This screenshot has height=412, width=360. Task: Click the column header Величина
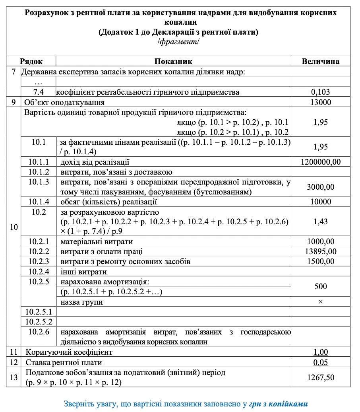320,61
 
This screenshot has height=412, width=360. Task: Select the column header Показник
173,61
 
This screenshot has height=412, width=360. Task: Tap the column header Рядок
31,61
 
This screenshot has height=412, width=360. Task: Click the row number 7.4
39,92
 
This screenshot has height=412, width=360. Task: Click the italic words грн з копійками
279,404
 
